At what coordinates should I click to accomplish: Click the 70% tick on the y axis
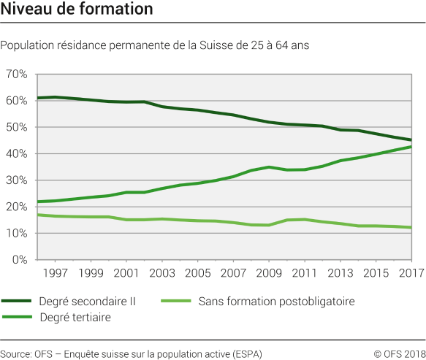click(x=17, y=74)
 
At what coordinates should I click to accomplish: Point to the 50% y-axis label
click(x=17, y=127)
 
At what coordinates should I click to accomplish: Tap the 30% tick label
click(x=17, y=180)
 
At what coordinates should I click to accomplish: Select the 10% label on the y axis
click(x=17, y=233)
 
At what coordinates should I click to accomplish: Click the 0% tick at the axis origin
click(x=20, y=260)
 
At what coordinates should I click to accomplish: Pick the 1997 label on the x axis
click(x=56, y=273)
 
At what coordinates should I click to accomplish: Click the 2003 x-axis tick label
click(x=162, y=273)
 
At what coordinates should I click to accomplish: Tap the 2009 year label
click(x=269, y=273)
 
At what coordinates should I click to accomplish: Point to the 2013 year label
click(x=340, y=273)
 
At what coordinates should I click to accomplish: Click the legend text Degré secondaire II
click(x=85, y=301)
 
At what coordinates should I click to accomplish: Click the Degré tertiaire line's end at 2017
click(x=411, y=147)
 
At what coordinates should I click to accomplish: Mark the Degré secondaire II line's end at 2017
click(x=411, y=140)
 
